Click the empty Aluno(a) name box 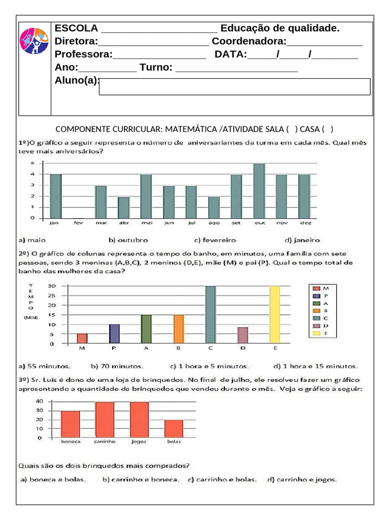point(234,87)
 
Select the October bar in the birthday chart point(259,191)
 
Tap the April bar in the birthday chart point(123,208)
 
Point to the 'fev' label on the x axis point(78,222)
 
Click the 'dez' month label point(304,222)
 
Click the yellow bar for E point(275,315)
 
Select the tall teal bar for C point(210,315)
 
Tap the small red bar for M point(82,338)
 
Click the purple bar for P point(114,334)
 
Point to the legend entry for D point(320,326)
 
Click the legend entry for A point(320,303)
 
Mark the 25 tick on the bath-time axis point(51,296)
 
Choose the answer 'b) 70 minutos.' point(117,366)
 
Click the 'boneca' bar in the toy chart point(71,425)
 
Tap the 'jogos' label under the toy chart point(139,442)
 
